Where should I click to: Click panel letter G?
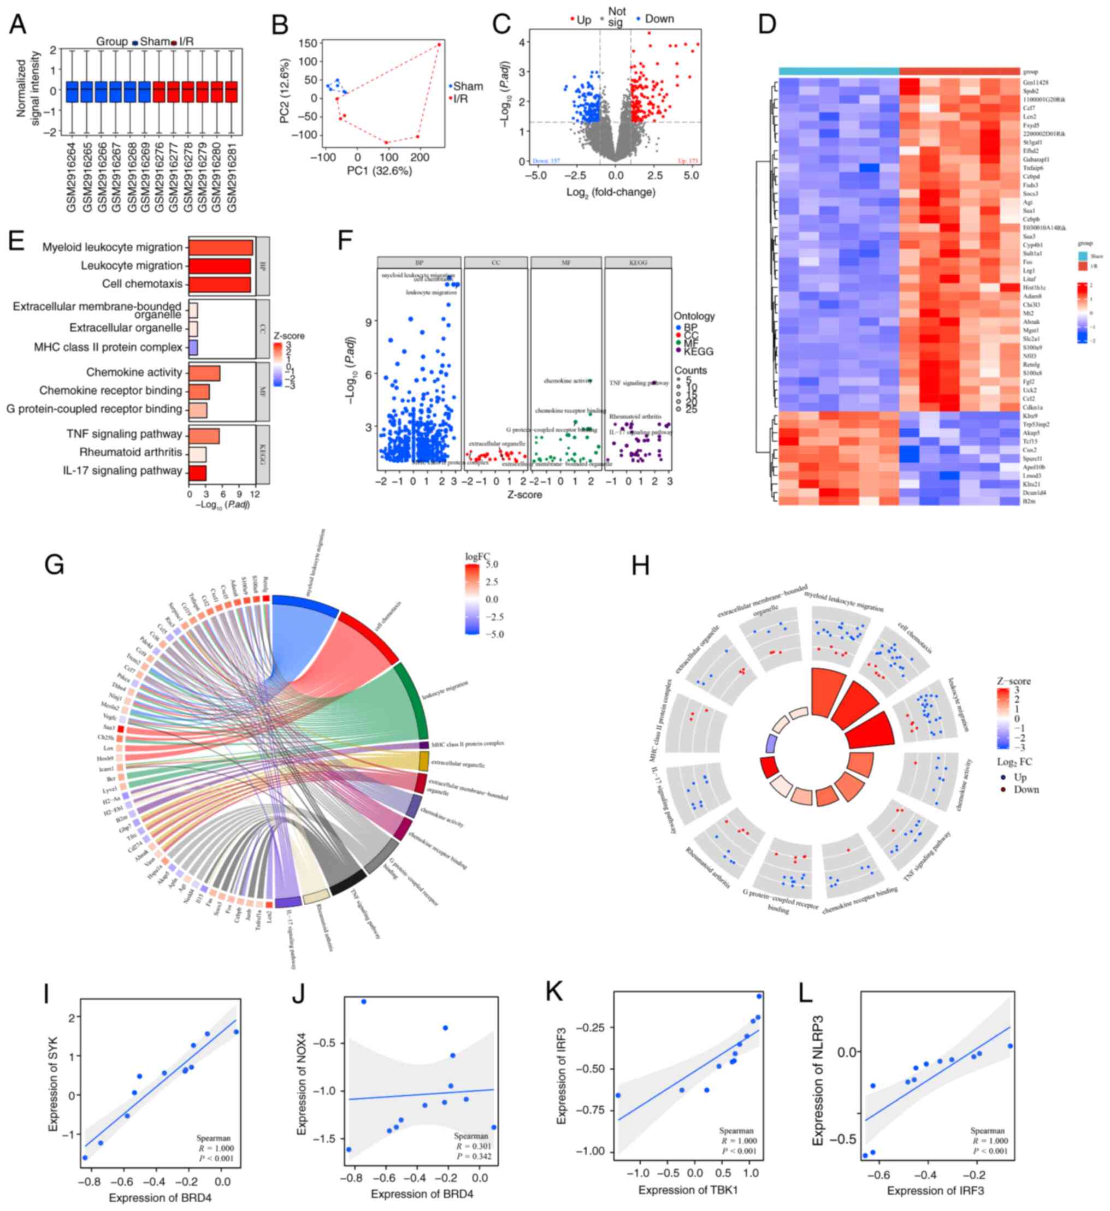click(55, 565)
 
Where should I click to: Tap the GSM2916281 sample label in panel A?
click(232, 175)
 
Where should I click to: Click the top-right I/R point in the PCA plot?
click(439, 44)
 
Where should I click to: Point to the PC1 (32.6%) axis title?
click(379, 171)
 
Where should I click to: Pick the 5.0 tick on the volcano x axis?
click(691, 176)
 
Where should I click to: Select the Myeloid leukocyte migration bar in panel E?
click(221, 247)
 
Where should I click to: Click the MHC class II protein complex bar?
click(193, 347)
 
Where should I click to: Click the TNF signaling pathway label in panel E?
click(125, 434)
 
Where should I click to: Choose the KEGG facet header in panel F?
click(637, 263)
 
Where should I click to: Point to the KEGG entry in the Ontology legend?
click(698, 352)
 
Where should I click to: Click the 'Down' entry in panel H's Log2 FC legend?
click(1026, 789)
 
